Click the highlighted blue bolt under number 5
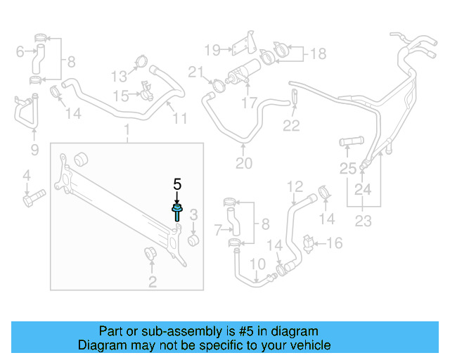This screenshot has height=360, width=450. click(x=176, y=213)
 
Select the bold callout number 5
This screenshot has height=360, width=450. click(x=177, y=184)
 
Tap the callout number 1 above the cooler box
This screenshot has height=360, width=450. click(x=127, y=130)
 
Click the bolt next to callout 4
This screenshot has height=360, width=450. click(x=32, y=200)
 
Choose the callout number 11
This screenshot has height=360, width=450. click(x=181, y=118)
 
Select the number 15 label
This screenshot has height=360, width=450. click(x=121, y=95)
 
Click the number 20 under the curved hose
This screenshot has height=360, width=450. click(x=243, y=164)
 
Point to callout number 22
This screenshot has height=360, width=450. click(x=291, y=126)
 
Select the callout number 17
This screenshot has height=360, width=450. click(x=249, y=103)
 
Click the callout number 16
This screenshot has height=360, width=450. click(x=335, y=243)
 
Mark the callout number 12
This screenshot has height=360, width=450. click(x=295, y=186)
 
